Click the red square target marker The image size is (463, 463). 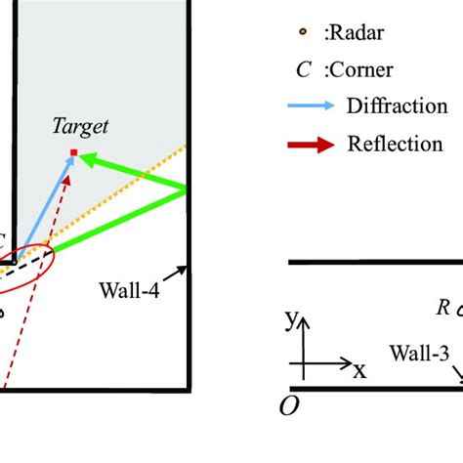(x=73, y=151)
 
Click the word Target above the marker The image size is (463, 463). (x=81, y=125)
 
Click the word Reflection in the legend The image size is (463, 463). (x=395, y=144)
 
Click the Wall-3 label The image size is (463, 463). (x=418, y=350)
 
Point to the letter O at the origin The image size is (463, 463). (x=288, y=406)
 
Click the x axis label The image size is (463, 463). (x=358, y=369)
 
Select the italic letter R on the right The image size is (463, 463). (x=442, y=308)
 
